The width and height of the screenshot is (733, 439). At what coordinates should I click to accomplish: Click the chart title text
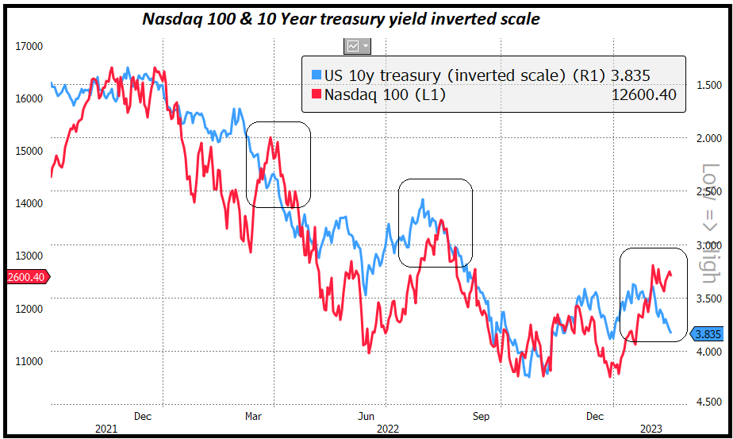pyautogui.click(x=341, y=18)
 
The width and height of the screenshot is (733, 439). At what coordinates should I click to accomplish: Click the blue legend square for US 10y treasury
pyautogui.click(x=316, y=75)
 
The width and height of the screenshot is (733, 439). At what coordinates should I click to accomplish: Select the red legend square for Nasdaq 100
pyautogui.click(x=316, y=95)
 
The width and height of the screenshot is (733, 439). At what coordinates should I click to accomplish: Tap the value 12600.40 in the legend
pyautogui.click(x=644, y=95)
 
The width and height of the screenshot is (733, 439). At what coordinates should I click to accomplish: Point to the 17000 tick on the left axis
pyautogui.click(x=29, y=46)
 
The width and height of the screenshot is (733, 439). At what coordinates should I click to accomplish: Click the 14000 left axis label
pyautogui.click(x=29, y=203)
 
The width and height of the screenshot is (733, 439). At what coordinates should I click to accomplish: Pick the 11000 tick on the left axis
pyautogui.click(x=29, y=360)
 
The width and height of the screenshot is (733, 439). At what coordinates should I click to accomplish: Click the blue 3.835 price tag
pyautogui.click(x=708, y=334)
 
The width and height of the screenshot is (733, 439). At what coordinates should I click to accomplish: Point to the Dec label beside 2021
pyautogui.click(x=143, y=415)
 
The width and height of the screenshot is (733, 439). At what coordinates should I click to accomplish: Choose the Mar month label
pyautogui.click(x=254, y=415)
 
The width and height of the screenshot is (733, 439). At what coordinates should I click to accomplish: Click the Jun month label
pyautogui.click(x=366, y=415)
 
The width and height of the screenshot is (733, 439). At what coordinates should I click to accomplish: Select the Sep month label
pyautogui.click(x=481, y=415)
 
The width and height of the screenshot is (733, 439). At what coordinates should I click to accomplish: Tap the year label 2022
pyautogui.click(x=387, y=429)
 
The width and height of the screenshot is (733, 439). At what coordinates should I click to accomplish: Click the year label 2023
pyautogui.click(x=650, y=429)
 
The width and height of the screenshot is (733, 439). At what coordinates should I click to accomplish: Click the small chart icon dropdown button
pyautogui.click(x=357, y=46)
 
